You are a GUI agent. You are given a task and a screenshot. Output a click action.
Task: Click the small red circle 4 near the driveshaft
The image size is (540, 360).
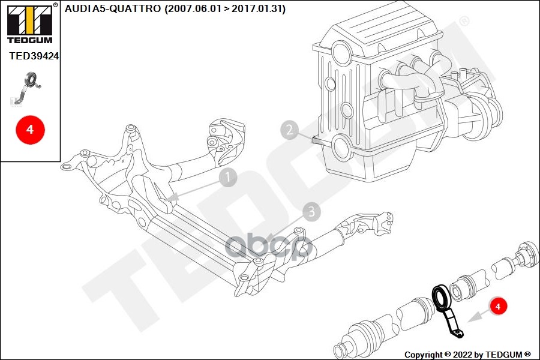tap(497, 306)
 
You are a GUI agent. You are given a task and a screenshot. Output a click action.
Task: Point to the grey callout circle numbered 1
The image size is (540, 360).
tap(228, 177)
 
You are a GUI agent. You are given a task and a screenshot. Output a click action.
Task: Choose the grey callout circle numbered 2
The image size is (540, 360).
tap(290, 130)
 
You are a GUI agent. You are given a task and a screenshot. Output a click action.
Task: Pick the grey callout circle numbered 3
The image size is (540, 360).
tap(311, 211)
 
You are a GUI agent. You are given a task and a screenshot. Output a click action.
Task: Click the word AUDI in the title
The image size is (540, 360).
tap(76, 8)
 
